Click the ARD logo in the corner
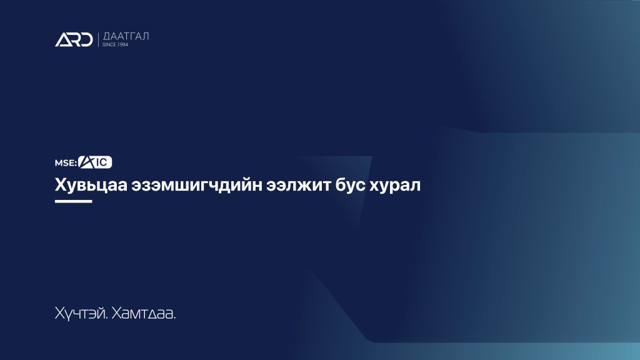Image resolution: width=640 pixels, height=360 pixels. pyautogui.click(x=74, y=39)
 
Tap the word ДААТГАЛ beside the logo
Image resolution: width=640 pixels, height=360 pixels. pyautogui.click(x=126, y=36)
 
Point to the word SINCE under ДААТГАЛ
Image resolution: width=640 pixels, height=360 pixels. pyautogui.click(x=109, y=44)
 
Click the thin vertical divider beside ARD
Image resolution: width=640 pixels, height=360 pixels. pyautogui.click(x=98, y=39)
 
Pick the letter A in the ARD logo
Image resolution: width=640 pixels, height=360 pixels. pyautogui.click(x=63, y=40)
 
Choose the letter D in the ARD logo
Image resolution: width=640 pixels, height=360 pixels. pyautogui.click(x=87, y=40)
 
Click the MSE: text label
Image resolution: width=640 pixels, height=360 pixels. pyautogui.click(x=66, y=163)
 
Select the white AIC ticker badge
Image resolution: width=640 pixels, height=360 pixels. pyautogui.click(x=95, y=162)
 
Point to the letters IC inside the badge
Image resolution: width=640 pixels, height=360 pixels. pyautogui.click(x=102, y=162)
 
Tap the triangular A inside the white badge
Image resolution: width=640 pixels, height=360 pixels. pyautogui.click(x=87, y=162)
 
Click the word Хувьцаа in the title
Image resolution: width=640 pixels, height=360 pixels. pyautogui.click(x=91, y=185)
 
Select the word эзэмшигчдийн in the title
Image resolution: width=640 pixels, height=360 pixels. pyautogui.click(x=196, y=185)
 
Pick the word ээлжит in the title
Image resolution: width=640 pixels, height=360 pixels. pyautogui.click(x=298, y=185)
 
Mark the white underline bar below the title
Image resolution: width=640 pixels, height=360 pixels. pyautogui.click(x=74, y=201)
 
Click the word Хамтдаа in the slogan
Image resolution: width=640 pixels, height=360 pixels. pyautogui.click(x=144, y=314)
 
